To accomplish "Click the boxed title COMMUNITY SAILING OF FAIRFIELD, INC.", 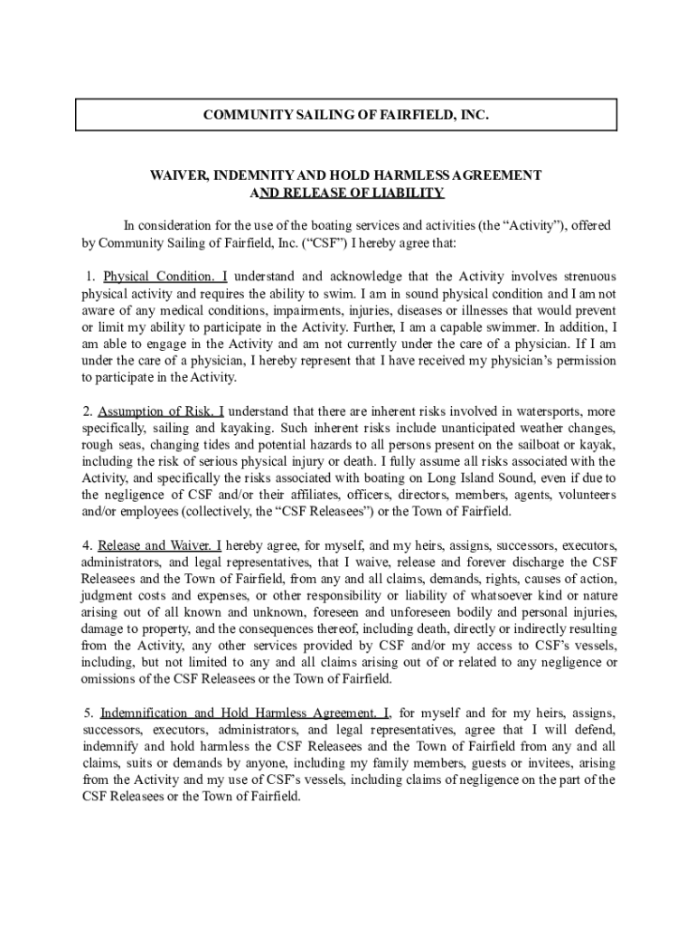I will point(345,116).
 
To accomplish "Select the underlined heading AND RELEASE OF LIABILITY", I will point(347,193).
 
